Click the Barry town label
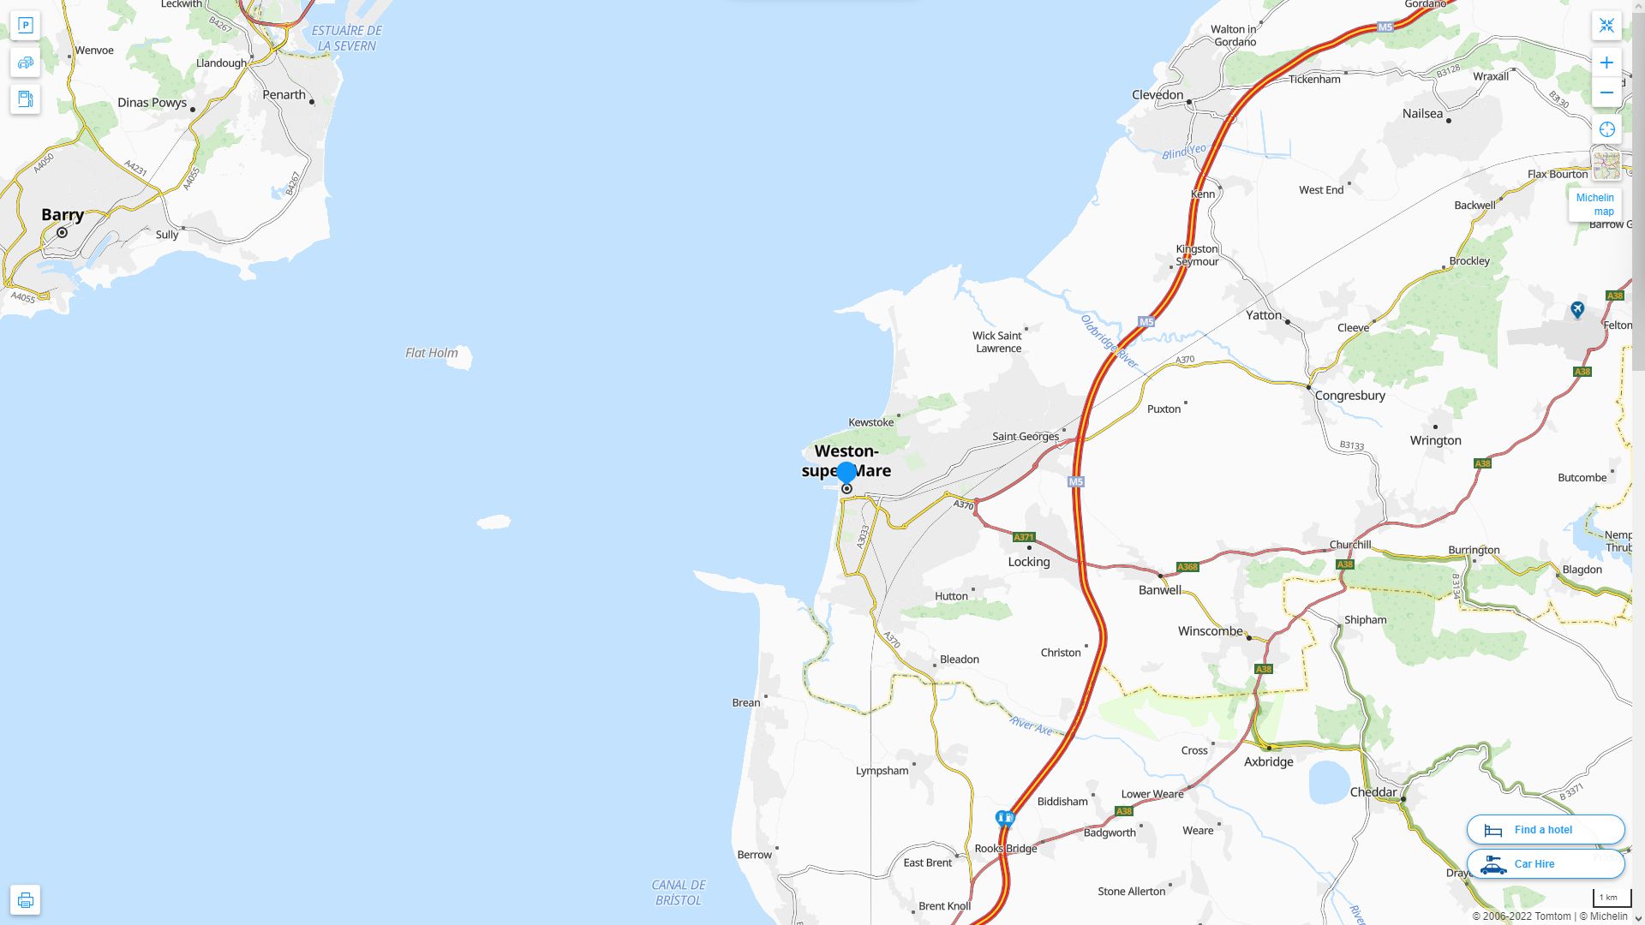(x=63, y=215)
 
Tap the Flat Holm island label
(x=431, y=353)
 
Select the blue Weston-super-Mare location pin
(x=846, y=473)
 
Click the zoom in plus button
(x=1606, y=63)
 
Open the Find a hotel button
(x=1545, y=829)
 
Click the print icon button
(x=25, y=899)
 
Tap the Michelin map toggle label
(x=1594, y=205)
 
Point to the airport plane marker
(x=1577, y=309)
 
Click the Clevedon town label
(x=1157, y=95)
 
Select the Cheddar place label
(x=1373, y=792)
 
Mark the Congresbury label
(x=1349, y=396)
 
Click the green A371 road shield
(x=1024, y=537)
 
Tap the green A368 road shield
(x=1187, y=567)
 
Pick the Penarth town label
(x=284, y=95)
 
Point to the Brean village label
(x=745, y=703)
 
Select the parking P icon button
(x=25, y=26)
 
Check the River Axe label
(x=1032, y=725)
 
